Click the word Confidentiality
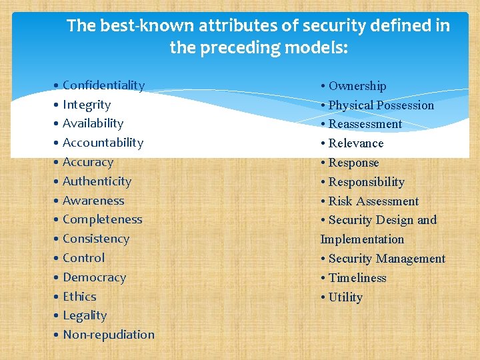[x=103, y=85]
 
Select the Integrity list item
[x=86, y=105]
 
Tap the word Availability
[x=93, y=123]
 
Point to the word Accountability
[x=103, y=143]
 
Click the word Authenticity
[x=97, y=181]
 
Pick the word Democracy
[x=94, y=277]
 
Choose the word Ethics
[x=79, y=297]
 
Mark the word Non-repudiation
[x=108, y=335]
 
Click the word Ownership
[x=357, y=86]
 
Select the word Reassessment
[x=365, y=124]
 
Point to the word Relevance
[x=356, y=143]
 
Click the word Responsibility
[x=367, y=182]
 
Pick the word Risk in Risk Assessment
[x=341, y=201]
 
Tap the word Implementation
[x=362, y=239]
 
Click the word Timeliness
[x=357, y=278]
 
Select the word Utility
[x=345, y=297]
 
